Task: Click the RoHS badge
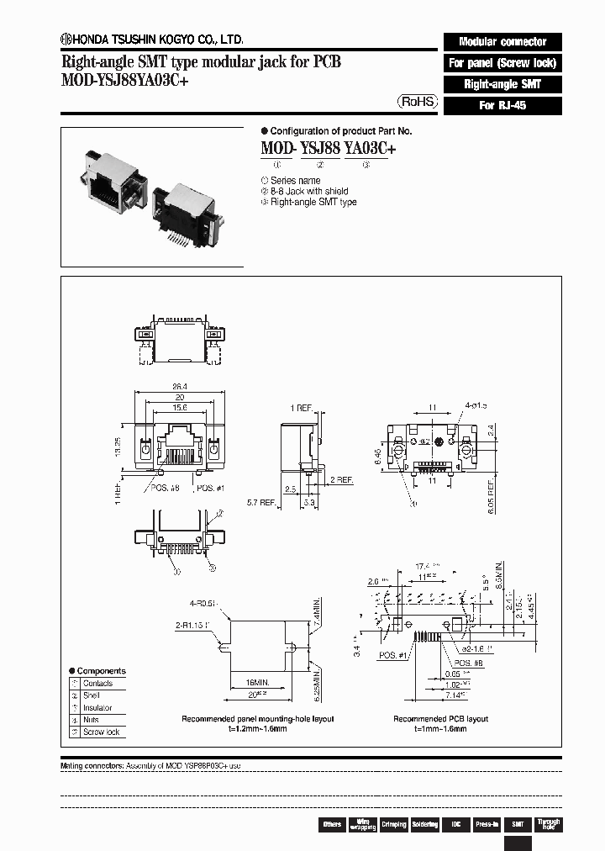coord(418,101)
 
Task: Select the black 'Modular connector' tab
coord(502,41)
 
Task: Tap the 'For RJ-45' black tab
coord(502,106)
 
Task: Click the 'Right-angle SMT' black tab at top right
coord(502,84)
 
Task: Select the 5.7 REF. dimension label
coord(262,503)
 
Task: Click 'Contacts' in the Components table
coord(97,684)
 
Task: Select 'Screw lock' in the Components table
coord(101,732)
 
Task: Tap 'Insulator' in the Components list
coord(97,708)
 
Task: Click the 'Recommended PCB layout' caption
coord(440,719)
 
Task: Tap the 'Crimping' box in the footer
coord(393,824)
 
